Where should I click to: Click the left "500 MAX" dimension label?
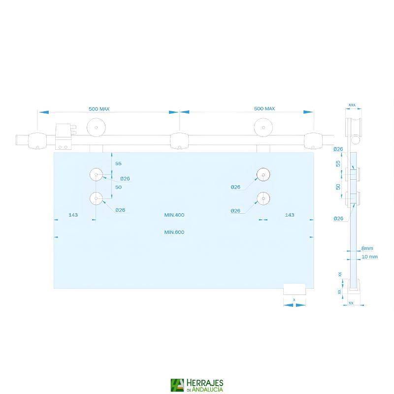98,108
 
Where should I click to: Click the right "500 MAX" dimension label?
264,108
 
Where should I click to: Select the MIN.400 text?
174,215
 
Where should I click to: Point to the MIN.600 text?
174,232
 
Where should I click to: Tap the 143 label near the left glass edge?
73,215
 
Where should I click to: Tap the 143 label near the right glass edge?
289,215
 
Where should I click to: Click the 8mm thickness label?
367,248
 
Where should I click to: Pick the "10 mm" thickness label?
369,257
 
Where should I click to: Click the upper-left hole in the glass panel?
96,174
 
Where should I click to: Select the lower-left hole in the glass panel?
96,198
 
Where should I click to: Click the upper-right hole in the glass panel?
263,174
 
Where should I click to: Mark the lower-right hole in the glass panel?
263,198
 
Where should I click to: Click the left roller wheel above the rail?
96,128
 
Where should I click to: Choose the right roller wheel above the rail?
263,128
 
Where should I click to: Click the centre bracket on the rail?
179,141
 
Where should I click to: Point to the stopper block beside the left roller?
65,136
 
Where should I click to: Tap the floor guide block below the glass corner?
295,290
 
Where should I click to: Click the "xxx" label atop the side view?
352,105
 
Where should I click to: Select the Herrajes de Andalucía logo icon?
177,385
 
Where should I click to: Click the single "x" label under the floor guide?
294,299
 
